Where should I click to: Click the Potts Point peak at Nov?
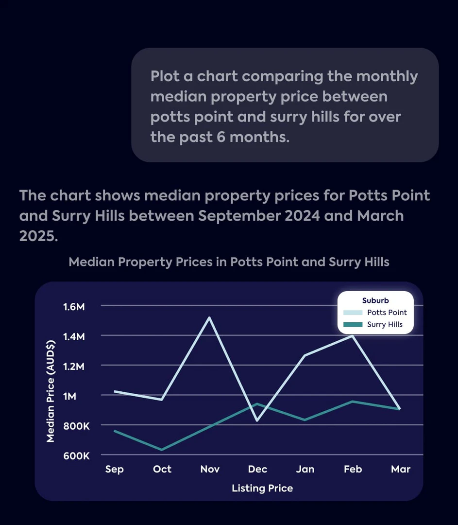209,317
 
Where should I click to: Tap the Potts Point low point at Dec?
257,420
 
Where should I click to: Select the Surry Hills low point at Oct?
162,450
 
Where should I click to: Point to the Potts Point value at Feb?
352,335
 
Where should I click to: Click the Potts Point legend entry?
387,313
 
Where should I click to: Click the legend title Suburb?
375,300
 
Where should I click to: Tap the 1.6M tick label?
74,307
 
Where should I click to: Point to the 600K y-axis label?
76,455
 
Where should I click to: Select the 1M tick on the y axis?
70,396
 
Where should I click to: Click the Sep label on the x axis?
115,469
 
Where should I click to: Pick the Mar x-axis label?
401,469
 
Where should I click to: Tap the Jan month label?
305,469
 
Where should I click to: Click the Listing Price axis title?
262,488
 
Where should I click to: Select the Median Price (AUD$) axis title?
50,391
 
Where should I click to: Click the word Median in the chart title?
92,262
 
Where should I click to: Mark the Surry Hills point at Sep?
115,431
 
